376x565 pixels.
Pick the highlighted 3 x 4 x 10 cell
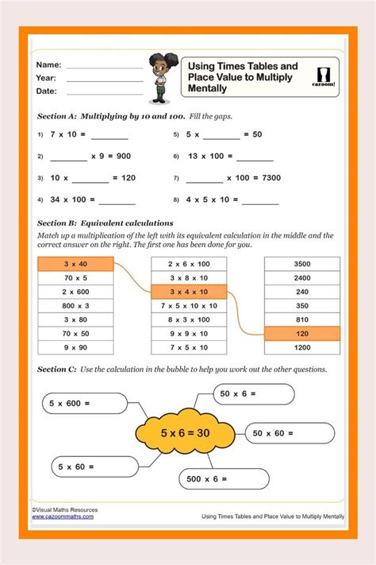[x=189, y=292]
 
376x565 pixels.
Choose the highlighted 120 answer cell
[x=301, y=333]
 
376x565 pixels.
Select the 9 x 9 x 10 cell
[x=189, y=333]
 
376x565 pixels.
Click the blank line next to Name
[x=105, y=67]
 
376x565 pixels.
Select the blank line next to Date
[x=105, y=94]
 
